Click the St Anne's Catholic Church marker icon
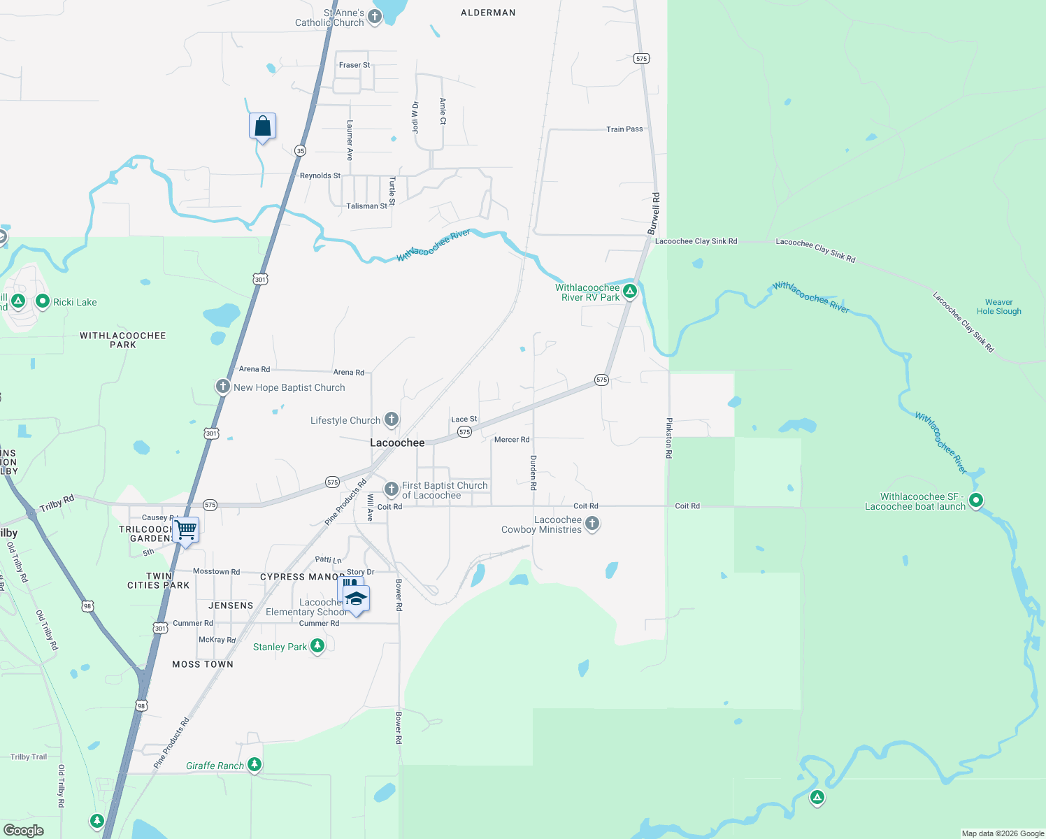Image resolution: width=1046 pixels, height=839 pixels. (x=375, y=17)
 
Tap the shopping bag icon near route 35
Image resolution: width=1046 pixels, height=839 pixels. (x=262, y=127)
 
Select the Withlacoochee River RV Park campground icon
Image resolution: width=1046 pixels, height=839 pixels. (x=630, y=292)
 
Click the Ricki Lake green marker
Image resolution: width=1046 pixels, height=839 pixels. (x=43, y=301)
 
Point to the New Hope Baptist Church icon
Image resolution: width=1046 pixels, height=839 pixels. (x=223, y=387)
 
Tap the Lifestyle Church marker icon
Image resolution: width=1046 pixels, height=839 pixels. (x=392, y=419)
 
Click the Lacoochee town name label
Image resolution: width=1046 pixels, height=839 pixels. (x=397, y=443)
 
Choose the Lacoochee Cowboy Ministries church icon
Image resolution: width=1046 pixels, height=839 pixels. (x=592, y=524)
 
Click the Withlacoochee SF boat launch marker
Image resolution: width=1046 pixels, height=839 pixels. (x=976, y=501)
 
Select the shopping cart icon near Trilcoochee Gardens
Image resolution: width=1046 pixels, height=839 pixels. (x=186, y=530)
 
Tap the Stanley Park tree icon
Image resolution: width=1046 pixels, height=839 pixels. (x=317, y=645)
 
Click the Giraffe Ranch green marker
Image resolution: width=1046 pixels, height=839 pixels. (x=255, y=765)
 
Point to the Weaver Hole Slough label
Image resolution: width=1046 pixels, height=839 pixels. (x=998, y=307)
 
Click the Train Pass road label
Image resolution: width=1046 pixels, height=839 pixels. (x=624, y=129)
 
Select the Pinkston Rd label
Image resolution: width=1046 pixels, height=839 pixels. (x=669, y=438)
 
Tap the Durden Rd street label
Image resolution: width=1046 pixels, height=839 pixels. (x=533, y=472)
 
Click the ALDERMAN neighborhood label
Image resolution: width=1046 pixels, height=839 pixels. (x=488, y=13)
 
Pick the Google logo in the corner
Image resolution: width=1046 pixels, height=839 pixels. (x=24, y=830)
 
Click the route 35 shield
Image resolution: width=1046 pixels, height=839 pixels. (x=300, y=150)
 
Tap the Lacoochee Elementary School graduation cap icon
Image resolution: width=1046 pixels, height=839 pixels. (x=357, y=599)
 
